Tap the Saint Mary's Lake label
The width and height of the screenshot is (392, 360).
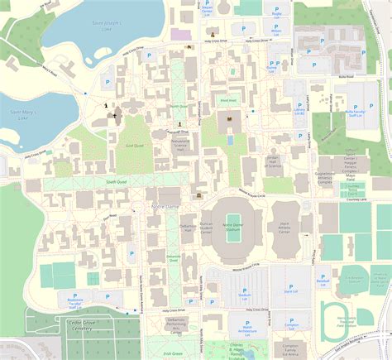(21, 111)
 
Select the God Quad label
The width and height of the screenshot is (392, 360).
(133, 145)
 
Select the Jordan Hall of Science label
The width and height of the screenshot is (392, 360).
(274, 161)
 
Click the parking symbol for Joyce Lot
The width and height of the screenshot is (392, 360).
(291, 285)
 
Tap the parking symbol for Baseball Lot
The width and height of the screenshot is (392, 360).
(323, 277)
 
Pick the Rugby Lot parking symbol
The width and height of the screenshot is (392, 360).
(275, 8)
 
